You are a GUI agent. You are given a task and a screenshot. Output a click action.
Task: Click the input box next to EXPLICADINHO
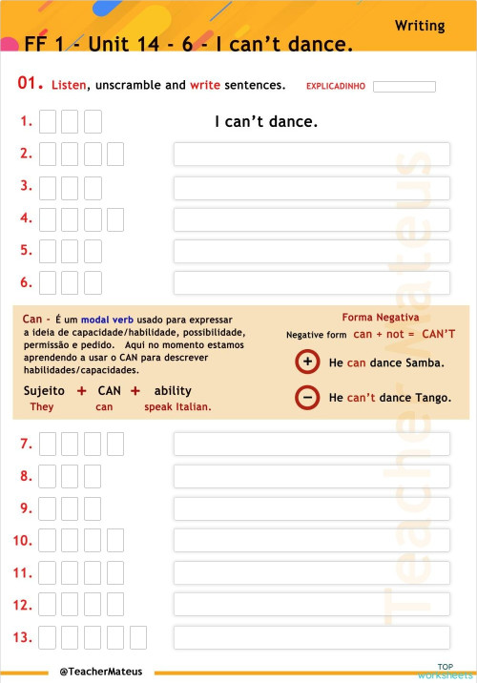click(x=404, y=86)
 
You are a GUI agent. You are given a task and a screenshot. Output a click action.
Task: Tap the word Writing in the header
click(x=420, y=26)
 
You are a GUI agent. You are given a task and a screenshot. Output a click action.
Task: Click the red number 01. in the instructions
click(x=31, y=82)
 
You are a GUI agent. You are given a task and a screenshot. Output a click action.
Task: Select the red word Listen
click(x=69, y=85)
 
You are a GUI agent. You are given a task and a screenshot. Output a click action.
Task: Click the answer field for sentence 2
click(x=312, y=154)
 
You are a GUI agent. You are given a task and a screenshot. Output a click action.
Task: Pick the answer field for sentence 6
click(x=312, y=282)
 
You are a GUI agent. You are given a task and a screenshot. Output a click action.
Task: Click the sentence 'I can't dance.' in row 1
click(x=266, y=121)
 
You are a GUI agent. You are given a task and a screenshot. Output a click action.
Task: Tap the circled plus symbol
click(x=307, y=362)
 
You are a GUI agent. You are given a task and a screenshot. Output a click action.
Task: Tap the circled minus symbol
click(x=307, y=397)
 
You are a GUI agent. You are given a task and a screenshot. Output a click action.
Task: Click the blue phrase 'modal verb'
click(x=107, y=320)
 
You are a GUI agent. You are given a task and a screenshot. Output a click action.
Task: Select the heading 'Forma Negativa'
click(x=381, y=317)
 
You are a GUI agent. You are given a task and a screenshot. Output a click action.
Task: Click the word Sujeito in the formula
click(x=44, y=391)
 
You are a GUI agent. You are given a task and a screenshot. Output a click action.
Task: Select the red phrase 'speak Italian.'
click(x=177, y=406)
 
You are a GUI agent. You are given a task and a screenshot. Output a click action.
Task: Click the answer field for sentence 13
click(x=312, y=638)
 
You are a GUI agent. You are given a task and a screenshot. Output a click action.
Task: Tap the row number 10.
click(x=23, y=541)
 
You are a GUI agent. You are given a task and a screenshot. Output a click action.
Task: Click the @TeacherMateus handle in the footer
click(x=101, y=672)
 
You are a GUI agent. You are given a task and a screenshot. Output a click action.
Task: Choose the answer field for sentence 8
click(x=312, y=476)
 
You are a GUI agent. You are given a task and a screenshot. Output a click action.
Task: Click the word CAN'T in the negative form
click(x=438, y=334)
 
